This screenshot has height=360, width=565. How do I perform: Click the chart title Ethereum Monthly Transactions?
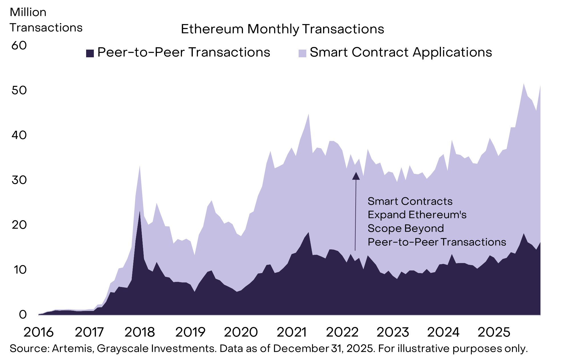(282, 29)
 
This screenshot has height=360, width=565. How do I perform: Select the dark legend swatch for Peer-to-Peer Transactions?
(90, 53)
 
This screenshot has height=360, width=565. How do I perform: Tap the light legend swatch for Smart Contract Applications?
(302, 53)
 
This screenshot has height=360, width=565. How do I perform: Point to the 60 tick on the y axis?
(19, 45)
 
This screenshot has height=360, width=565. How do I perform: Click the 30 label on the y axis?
(19, 180)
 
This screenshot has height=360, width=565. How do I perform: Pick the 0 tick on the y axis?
(23, 314)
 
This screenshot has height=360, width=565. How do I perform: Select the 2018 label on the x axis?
(139, 332)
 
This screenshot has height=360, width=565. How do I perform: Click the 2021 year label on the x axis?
(291, 332)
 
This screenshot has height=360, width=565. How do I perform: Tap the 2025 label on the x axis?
(494, 332)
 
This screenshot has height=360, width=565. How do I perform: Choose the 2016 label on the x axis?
(39, 332)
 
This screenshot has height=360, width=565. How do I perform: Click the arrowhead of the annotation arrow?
(356, 176)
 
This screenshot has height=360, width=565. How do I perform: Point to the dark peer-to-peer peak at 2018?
(140, 212)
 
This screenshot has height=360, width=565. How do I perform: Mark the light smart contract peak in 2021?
(309, 115)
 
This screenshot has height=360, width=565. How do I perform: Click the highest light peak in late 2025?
(524, 84)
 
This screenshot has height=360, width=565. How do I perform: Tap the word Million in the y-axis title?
(28, 12)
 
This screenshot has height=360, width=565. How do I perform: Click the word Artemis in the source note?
(73, 349)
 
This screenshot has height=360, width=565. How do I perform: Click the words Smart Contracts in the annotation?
(410, 202)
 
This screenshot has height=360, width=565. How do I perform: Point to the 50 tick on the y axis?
(19, 90)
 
